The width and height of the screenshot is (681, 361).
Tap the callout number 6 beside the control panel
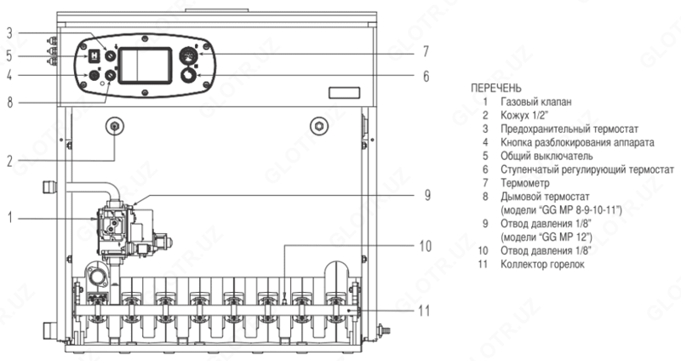(426, 77)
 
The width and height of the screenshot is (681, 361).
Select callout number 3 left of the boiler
(9, 33)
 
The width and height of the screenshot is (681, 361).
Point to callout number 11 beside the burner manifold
(423, 311)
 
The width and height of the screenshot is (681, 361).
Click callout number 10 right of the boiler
(425, 246)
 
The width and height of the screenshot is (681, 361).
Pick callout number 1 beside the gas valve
(9, 218)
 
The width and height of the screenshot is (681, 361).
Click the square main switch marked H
(94, 56)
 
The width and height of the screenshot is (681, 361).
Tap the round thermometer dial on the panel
(189, 55)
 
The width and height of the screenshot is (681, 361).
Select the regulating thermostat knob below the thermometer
(189, 75)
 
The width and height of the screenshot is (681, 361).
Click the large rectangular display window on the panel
(145, 66)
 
